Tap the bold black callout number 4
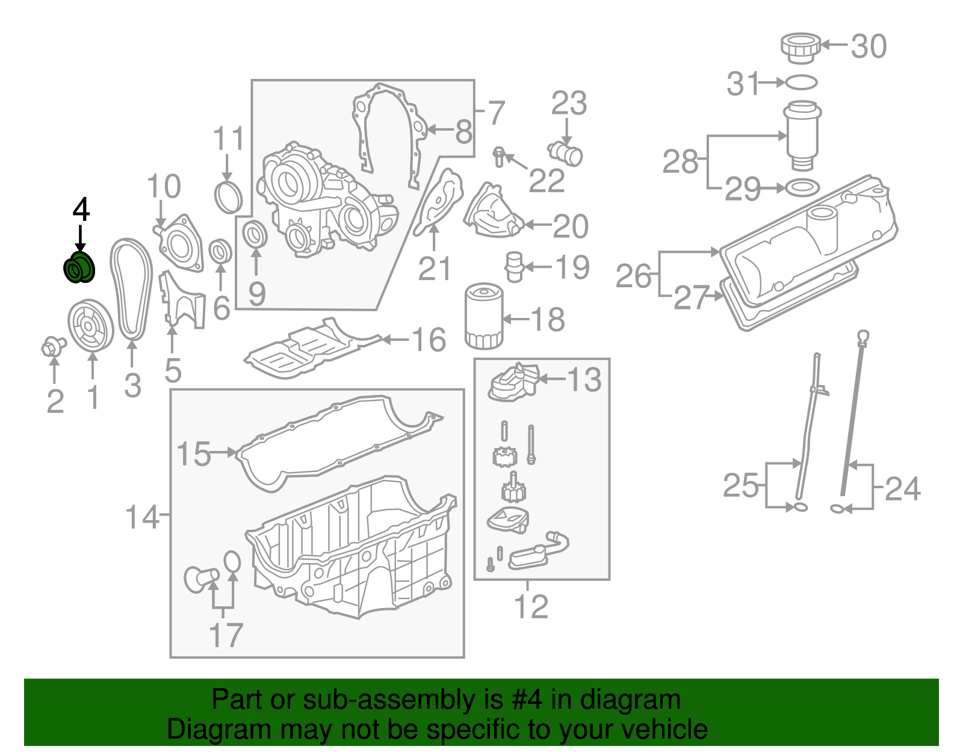[81, 210]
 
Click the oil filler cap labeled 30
[800, 47]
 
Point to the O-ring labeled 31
[801, 82]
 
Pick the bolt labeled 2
[53, 346]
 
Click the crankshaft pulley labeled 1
[90, 326]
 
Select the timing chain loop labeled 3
[131, 289]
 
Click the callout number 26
[634, 276]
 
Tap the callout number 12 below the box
[531, 606]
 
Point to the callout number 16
[429, 340]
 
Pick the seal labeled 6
[221, 251]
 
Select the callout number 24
[903, 489]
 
